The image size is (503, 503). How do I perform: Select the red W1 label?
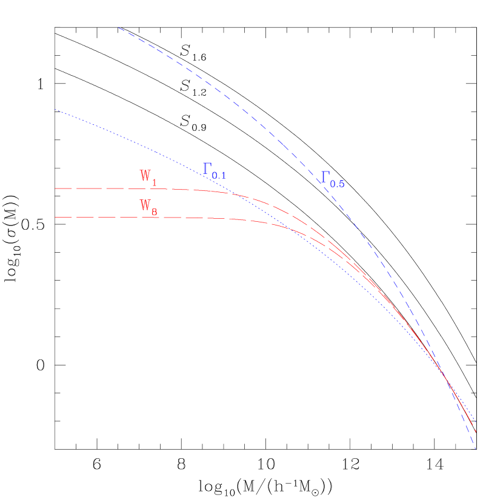(148, 177)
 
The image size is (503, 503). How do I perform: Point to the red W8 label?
(148, 207)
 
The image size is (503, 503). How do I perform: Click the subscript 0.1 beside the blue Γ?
(219, 175)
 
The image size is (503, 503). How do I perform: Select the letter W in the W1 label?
(145, 176)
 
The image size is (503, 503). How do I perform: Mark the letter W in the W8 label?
(145, 205)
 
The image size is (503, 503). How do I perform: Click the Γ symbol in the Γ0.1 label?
(207, 169)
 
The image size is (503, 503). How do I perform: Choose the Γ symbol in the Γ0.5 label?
(325, 177)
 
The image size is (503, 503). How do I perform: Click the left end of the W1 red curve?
(56, 188)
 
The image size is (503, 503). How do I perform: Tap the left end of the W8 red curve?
(56, 217)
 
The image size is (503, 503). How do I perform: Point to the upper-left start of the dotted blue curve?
(55, 109)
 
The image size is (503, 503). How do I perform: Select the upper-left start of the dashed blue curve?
(119, 27)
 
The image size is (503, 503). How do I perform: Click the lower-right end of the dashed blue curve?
(476, 450)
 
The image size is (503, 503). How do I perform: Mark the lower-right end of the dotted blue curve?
(476, 422)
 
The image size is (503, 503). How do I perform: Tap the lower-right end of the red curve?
(476, 431)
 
